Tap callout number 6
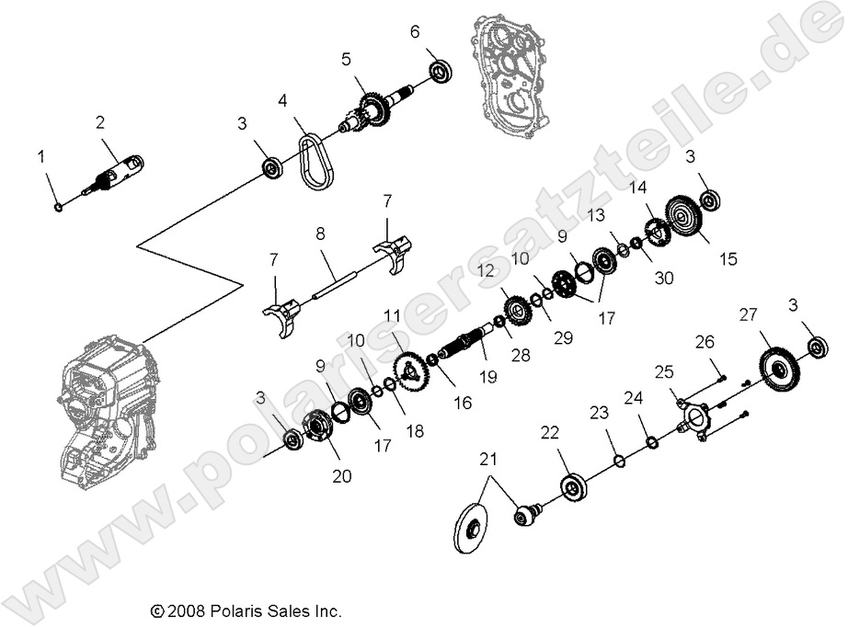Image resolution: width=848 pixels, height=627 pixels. [x=415, y=31]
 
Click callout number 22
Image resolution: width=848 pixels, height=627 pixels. [x=550, y=432]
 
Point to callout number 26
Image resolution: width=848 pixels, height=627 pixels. [x=705, y=343]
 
